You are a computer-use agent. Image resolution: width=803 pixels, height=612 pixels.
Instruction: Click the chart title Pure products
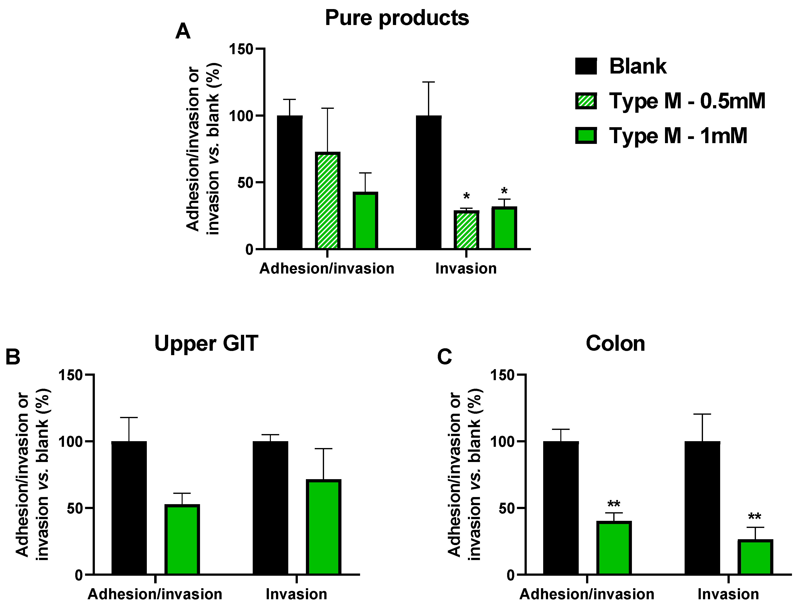tap(397, 18)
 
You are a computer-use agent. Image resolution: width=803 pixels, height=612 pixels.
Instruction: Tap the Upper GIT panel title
tap(206, 344)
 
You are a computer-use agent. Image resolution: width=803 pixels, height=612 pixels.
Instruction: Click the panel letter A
tap(183, 32)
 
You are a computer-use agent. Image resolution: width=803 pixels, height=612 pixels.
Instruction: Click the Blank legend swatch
tap(586, 66)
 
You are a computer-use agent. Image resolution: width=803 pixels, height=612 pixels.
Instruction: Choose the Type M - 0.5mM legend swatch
tap(586, 101)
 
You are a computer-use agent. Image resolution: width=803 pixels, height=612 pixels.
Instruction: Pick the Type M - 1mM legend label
tap(678, 136)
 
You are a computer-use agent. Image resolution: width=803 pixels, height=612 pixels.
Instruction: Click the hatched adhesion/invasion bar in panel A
tap(327, 200)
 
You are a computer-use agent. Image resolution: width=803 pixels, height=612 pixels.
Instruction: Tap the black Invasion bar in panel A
tap(428, 182)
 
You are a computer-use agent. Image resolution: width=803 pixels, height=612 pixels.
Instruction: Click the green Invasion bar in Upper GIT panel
tap(323, 527)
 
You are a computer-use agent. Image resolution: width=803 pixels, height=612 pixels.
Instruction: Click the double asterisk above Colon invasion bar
tap(754, 517)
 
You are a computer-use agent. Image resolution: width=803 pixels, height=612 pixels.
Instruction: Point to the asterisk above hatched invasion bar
tap(466, 197)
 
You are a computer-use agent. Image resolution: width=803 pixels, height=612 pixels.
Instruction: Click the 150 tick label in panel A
tap(241, 49)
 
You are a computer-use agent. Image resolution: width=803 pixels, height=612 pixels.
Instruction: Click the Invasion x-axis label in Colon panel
tap(728, 594)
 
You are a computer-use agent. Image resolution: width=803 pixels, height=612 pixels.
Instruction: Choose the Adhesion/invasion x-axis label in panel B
tap(155, 594)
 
